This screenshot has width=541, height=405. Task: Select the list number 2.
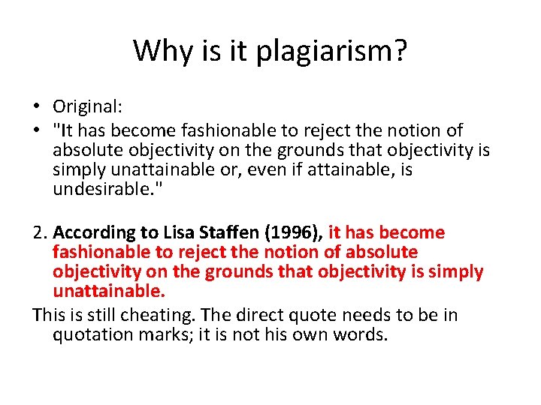pyautogui.click(x=40, y=232)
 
